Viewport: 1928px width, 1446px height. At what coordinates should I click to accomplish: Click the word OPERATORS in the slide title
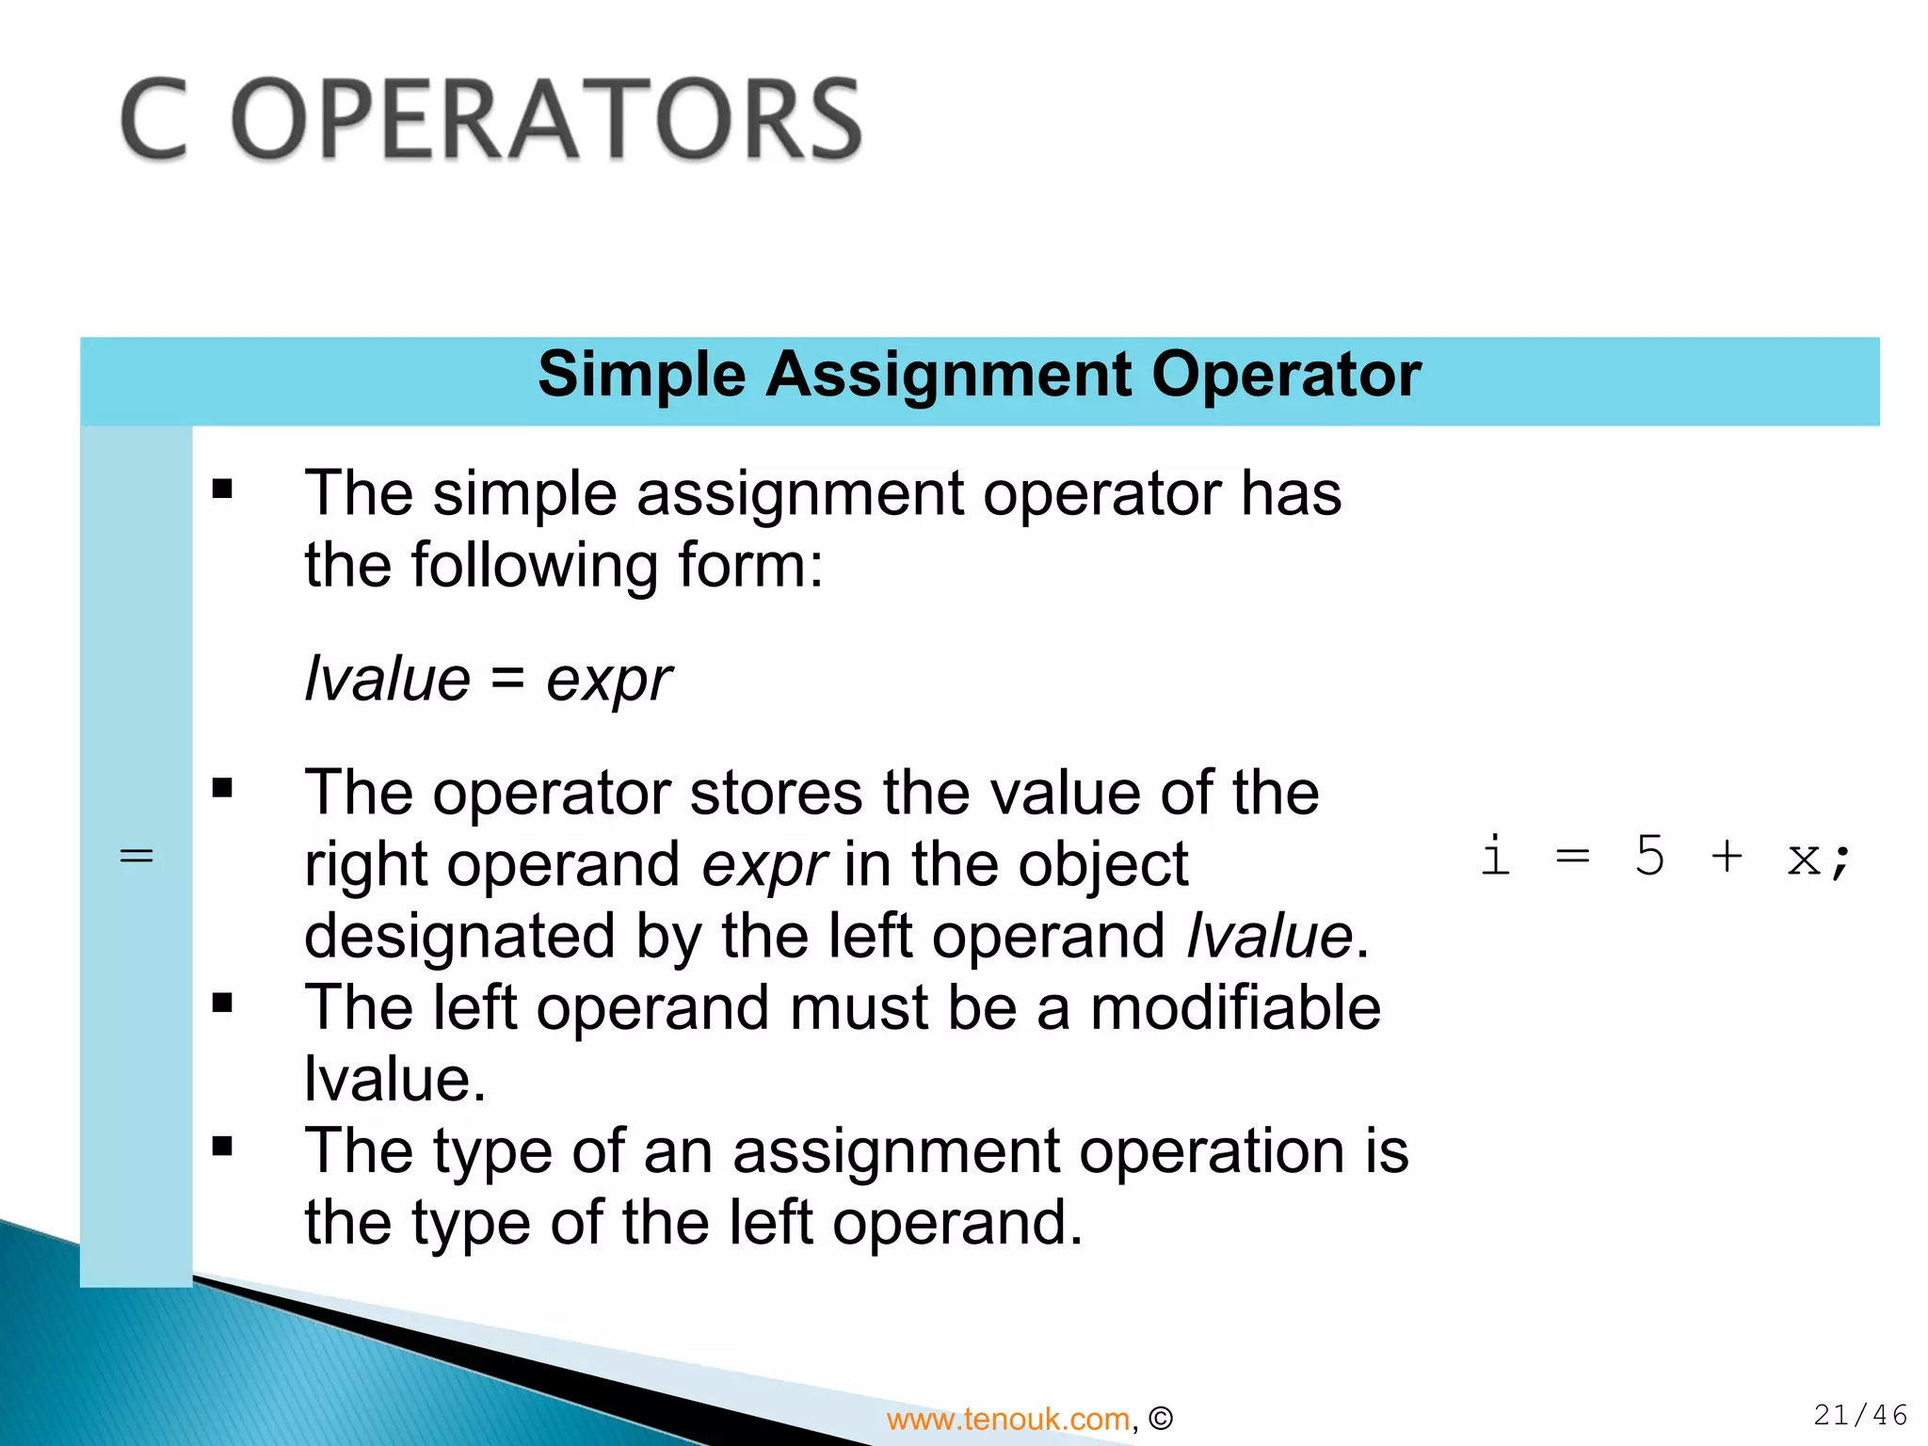coord(546,120)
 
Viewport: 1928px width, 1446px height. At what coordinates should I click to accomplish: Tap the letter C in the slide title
coord(155,120)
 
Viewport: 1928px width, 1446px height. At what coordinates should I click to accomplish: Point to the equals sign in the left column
coord(137,857)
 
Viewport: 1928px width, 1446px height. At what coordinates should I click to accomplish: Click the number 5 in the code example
coord(1649,856)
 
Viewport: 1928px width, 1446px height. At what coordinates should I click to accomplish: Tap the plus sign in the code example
coord(1727,857)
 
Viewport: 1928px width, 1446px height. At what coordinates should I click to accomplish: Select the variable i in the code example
coord(1495,856)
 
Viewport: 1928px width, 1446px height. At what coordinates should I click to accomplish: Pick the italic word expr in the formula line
coord(609,680)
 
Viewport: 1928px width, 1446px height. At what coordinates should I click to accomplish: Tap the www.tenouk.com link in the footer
coord(1007,1419)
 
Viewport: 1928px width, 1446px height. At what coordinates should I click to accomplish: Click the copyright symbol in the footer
coord(1162,1419)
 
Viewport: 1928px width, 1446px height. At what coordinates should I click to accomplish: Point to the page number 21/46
coord(1860,1415)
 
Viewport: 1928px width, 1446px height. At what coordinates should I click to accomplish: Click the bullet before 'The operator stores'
coord(222,788)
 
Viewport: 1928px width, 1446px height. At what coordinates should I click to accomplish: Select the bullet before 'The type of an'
coord(222,1147)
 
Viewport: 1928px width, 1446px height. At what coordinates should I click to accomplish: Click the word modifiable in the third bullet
coord(1235,1007)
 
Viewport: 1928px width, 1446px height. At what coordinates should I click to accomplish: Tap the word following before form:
coord(536,566)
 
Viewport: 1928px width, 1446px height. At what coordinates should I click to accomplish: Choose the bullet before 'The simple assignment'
coord(222,489)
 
